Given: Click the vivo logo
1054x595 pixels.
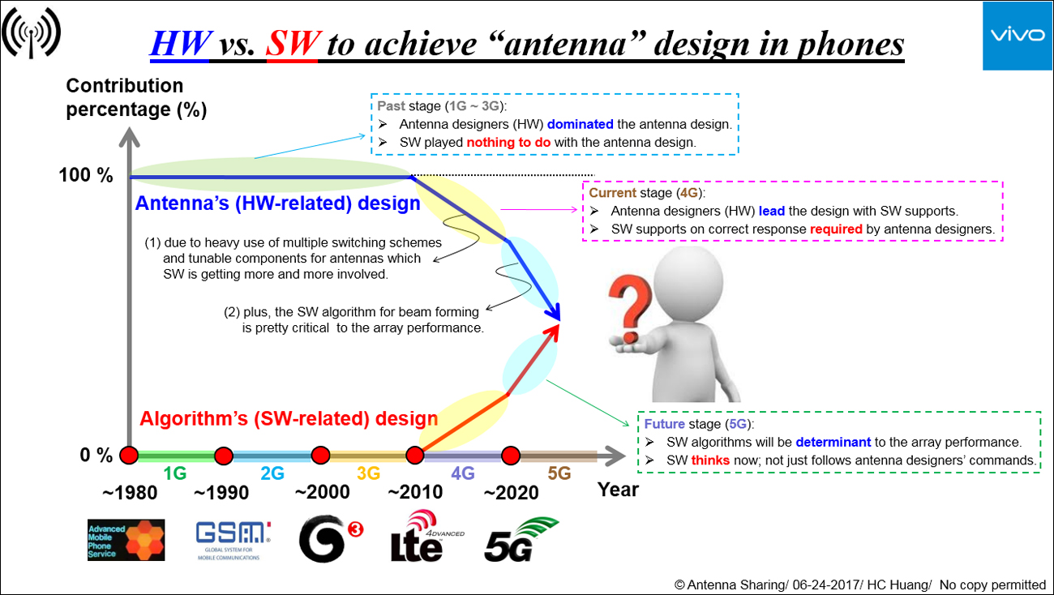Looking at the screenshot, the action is point(1018,36).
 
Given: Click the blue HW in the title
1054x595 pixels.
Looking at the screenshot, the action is point(181,43).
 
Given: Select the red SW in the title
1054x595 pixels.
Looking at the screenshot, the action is point(293,43).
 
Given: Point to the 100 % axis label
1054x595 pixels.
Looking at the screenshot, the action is point(86,175).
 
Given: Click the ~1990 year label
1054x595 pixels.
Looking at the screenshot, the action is point(221,493).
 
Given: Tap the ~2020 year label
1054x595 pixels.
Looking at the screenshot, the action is point(511,493).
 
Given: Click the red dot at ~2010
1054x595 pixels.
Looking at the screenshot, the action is point(415,456).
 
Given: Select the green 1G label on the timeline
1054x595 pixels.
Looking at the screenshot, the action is point(175,473).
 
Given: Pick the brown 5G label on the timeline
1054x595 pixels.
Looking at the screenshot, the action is point(559,473).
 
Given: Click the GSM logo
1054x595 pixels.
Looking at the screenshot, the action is point(234,541).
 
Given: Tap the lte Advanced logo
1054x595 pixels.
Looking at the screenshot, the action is point(427,536).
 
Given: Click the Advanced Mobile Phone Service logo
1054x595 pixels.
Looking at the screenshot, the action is point(126,540).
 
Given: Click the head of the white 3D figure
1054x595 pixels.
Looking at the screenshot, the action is point(688,281).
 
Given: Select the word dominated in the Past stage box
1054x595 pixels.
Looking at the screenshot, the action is point(581,124).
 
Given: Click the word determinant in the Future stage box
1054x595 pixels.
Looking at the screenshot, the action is point(833,442).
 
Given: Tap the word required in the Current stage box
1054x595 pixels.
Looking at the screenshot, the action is point(836,229).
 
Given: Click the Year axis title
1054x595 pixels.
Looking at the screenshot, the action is point(619,490).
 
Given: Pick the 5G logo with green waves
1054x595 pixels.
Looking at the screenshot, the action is point(521,539).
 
